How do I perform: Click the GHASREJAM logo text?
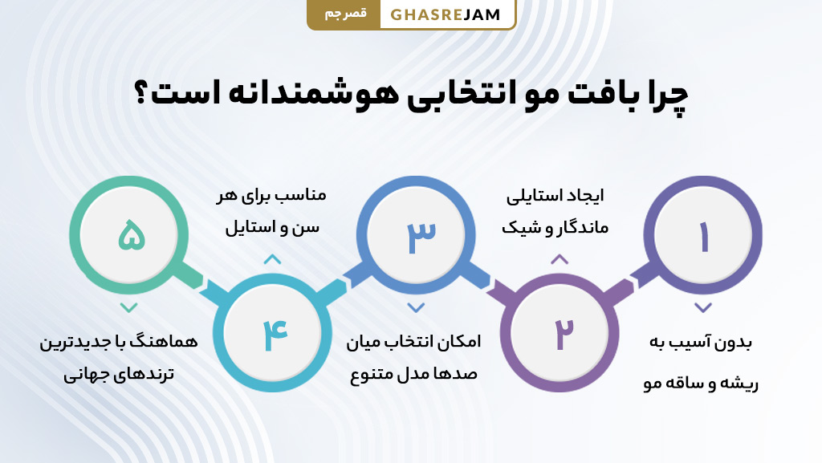(446, 14)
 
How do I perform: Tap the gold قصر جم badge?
(344, 14)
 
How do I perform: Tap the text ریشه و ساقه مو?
(701, 384)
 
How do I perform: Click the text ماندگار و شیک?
(555, 228)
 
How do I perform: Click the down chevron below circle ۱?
(703, 307)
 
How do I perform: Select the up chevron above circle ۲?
(560, 259)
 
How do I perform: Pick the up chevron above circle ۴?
(272, 259)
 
